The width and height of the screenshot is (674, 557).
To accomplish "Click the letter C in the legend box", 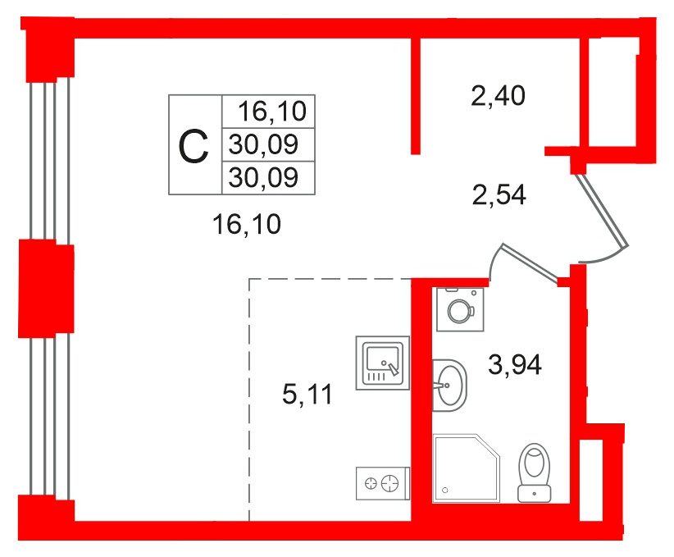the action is pos(194,147).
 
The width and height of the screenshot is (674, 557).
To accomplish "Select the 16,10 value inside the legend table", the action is pos(272,111).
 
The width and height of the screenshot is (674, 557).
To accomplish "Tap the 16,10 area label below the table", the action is pos(247,224).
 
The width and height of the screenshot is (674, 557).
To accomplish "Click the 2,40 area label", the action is pos(498,95).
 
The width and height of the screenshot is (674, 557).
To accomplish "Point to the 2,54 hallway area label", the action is pos(499,194).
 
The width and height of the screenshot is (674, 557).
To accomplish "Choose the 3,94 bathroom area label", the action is pos(515,365).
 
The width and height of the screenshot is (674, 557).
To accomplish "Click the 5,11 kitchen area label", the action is pos(307,394).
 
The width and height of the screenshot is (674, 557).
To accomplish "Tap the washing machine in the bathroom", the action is pos(460,309).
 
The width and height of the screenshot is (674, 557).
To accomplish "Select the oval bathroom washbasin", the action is pos(449,386).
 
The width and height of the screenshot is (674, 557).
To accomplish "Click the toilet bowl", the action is pos(535,473).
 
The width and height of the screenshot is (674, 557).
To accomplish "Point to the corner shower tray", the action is pos(467,468).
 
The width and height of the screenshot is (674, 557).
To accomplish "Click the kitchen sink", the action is pos(383,363).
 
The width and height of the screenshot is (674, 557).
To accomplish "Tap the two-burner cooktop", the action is pos(383,483).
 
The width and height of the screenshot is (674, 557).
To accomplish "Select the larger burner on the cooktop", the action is pos(389,483).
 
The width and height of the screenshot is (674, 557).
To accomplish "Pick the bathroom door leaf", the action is pos(530,263).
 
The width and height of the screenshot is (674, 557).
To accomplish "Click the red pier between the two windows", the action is pos(47,289).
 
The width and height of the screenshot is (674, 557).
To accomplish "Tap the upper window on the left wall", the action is pos(49,160).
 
